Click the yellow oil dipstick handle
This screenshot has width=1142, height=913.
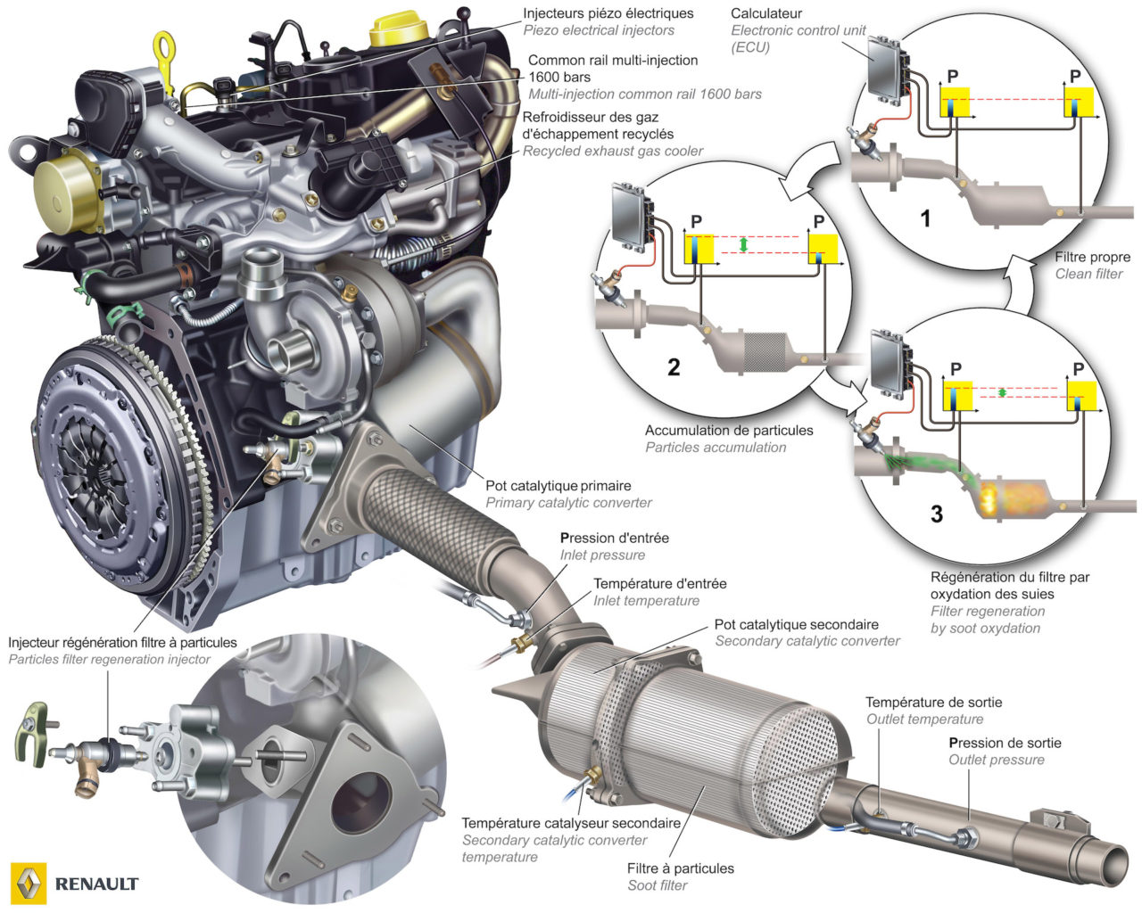(163, 45)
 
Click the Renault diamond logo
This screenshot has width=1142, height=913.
(27, 882)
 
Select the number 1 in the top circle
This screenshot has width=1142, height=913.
(925, 218)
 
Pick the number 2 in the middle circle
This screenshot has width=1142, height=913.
(674, 366)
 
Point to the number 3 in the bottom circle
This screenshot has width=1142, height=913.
(936, 514)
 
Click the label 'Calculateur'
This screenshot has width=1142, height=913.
(765, 13)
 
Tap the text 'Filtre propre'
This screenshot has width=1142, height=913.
(1091, 257)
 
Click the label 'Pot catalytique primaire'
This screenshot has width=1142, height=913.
(558, 486)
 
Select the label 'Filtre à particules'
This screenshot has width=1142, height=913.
(680, 868)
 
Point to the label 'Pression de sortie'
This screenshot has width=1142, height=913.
(1005, 743)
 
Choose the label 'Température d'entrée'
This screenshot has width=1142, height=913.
(659, 584)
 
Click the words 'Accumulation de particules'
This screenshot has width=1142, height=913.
(729, 431)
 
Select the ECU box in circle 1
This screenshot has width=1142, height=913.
(885, 68)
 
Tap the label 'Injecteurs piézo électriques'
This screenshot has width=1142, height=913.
(608, 13)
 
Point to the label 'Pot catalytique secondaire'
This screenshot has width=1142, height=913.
(796, 624)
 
